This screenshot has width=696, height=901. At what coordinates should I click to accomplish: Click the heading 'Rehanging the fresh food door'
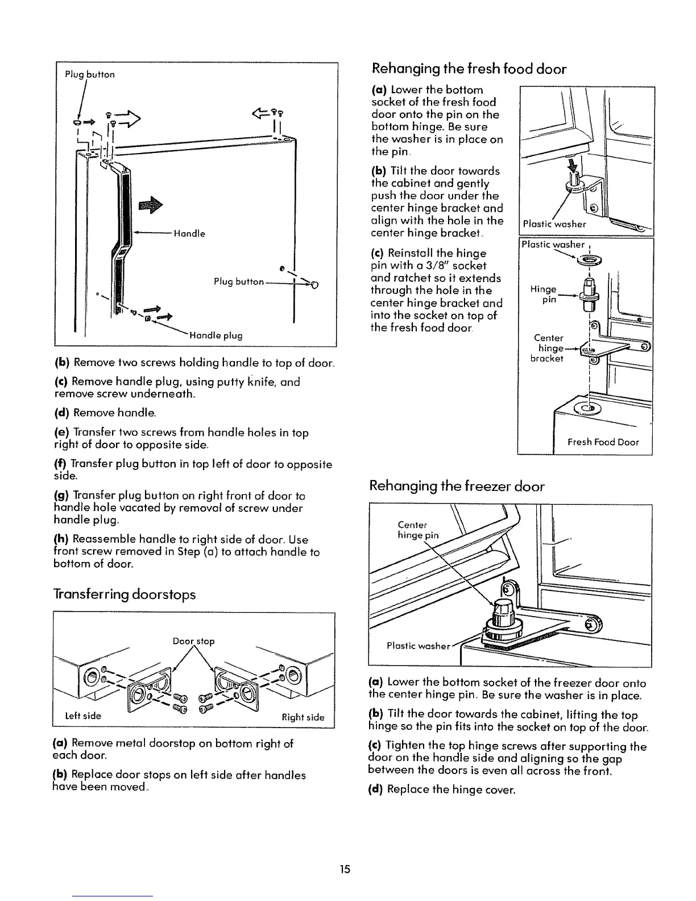pyautogui.click(x=469, y=69)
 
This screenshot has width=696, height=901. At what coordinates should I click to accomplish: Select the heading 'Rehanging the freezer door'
pyautogui.click(x=457, y=486)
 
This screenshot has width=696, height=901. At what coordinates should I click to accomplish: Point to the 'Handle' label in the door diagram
pyautogui.click(x=189, y=233)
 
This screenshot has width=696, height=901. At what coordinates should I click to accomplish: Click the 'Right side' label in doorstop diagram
pyautogui.click(x=303, y=717)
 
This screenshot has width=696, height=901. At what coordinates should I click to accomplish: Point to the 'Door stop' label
pyautogui.click(x=193, y=641)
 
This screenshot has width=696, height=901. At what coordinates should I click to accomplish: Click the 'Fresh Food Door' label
pyautogui.click(x=603, y=442)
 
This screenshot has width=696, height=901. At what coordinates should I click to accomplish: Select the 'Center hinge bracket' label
pyautogui.click(x=548, y=348)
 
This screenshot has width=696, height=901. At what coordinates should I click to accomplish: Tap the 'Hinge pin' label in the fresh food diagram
pyautogui.click(x=542, y=294)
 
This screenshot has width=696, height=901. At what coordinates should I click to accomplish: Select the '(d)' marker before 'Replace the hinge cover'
pyautogui.click(x=376, y=791)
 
